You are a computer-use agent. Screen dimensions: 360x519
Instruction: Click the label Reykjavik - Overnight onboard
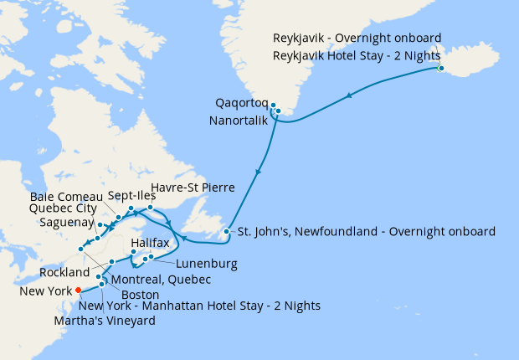[x=357, y=38]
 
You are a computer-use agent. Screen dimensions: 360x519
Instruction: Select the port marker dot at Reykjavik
[x=441, y=69]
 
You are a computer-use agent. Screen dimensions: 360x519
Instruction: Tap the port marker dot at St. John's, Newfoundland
[x=226, y=231]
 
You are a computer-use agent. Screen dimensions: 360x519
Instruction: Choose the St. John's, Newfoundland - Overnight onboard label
[x=366, y=231]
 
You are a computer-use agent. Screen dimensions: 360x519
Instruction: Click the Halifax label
[x=151, y=243]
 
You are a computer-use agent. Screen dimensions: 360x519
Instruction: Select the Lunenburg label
[x=208, y=263]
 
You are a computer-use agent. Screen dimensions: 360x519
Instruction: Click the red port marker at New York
[x=78, y=291]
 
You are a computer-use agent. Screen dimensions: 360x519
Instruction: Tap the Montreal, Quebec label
[x=159, y=279]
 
